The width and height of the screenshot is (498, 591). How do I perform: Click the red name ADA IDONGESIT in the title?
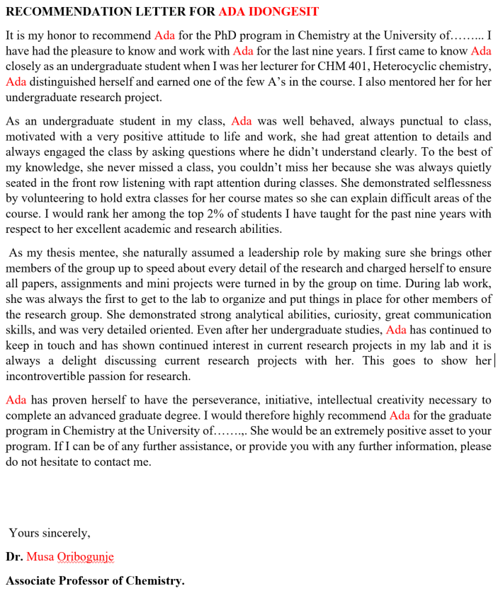click(268, 12)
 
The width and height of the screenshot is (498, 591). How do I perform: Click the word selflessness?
click(456, 183)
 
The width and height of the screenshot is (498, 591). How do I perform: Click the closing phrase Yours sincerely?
click(50, 533)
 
